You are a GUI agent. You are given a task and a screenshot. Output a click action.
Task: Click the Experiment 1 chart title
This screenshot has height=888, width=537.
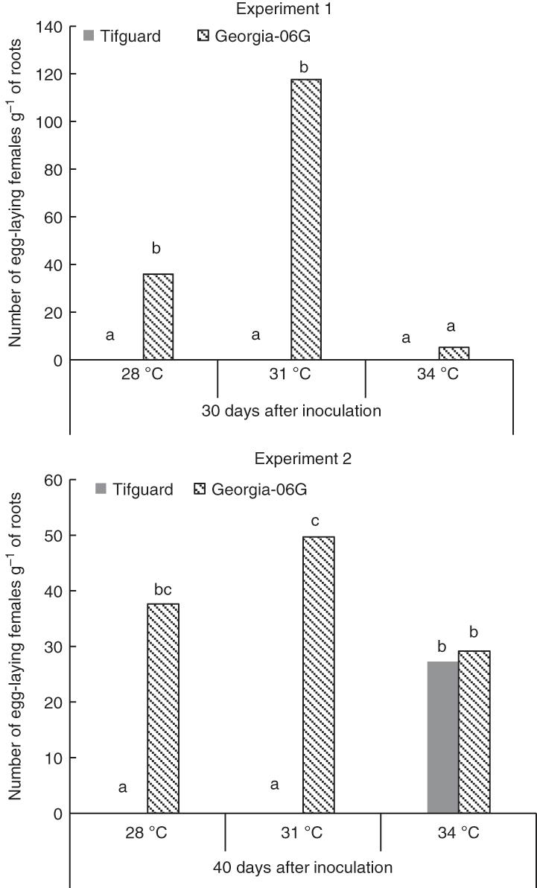point(291,10)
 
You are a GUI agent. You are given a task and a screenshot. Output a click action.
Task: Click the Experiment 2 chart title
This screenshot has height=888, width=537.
point(291,459)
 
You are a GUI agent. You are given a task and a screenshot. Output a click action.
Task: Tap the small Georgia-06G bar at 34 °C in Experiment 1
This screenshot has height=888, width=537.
point(454,353)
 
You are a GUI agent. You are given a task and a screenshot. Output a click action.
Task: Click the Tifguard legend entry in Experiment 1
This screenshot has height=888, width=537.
point(122,36)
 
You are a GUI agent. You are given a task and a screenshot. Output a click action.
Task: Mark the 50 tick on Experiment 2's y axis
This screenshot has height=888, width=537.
point(54,536)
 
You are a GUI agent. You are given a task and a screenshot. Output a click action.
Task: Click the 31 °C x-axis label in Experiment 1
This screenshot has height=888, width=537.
point(291,374)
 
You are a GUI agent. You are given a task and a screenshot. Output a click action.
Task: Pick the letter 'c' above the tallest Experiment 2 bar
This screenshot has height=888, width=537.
point(316,521)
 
